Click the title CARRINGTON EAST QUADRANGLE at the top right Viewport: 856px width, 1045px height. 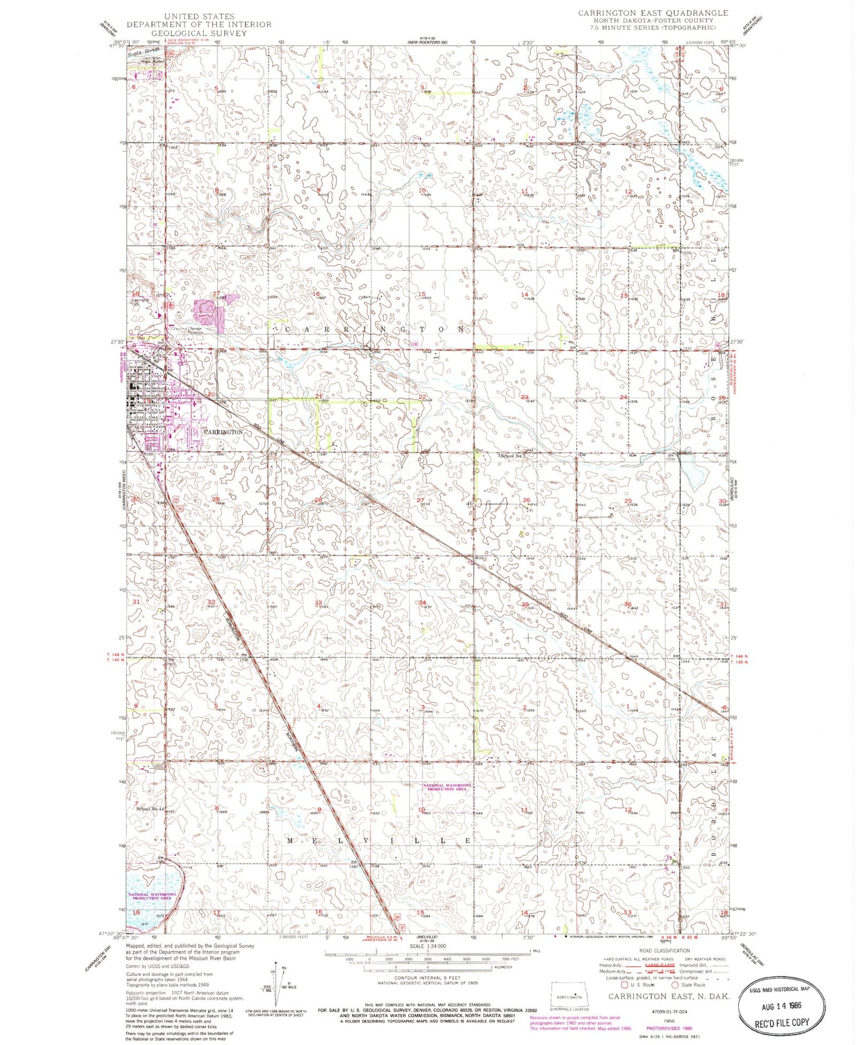[x=653, y=13]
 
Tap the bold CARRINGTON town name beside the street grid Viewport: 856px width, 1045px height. [x=223, y=432]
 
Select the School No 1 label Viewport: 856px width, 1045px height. [x=512, y=456]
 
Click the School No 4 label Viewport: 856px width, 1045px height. [x=150, y=808]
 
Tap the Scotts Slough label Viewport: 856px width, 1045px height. [x=143, y=50]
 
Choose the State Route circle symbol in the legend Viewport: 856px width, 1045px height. [x=675, y=985]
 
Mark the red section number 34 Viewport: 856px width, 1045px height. [x=422, y=603]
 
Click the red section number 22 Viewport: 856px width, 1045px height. [x=422, y=397]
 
